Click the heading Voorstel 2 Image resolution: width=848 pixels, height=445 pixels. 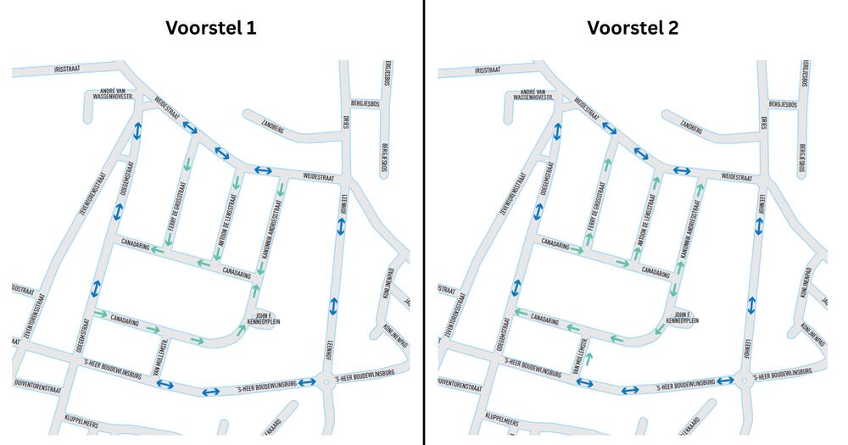click(633, 28)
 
